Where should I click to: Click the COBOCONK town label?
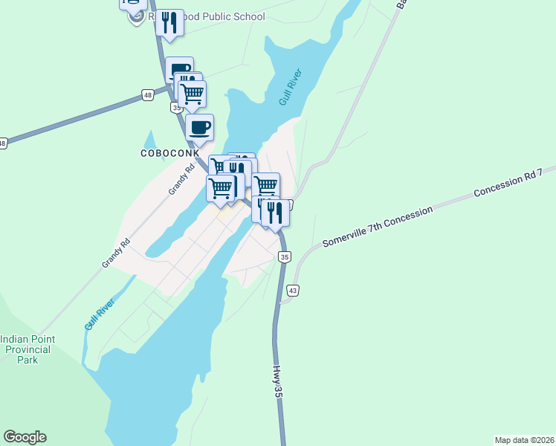[x=169, y=152]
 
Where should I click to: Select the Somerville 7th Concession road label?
[x=377, y=227]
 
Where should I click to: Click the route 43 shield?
[x=293, y=290]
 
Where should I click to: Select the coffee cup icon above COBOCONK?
[x=199, y=128]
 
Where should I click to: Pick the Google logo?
[x=25, y=437]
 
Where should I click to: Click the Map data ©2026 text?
[x=524, y=439]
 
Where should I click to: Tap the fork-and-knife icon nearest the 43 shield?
[x=276, y=213]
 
